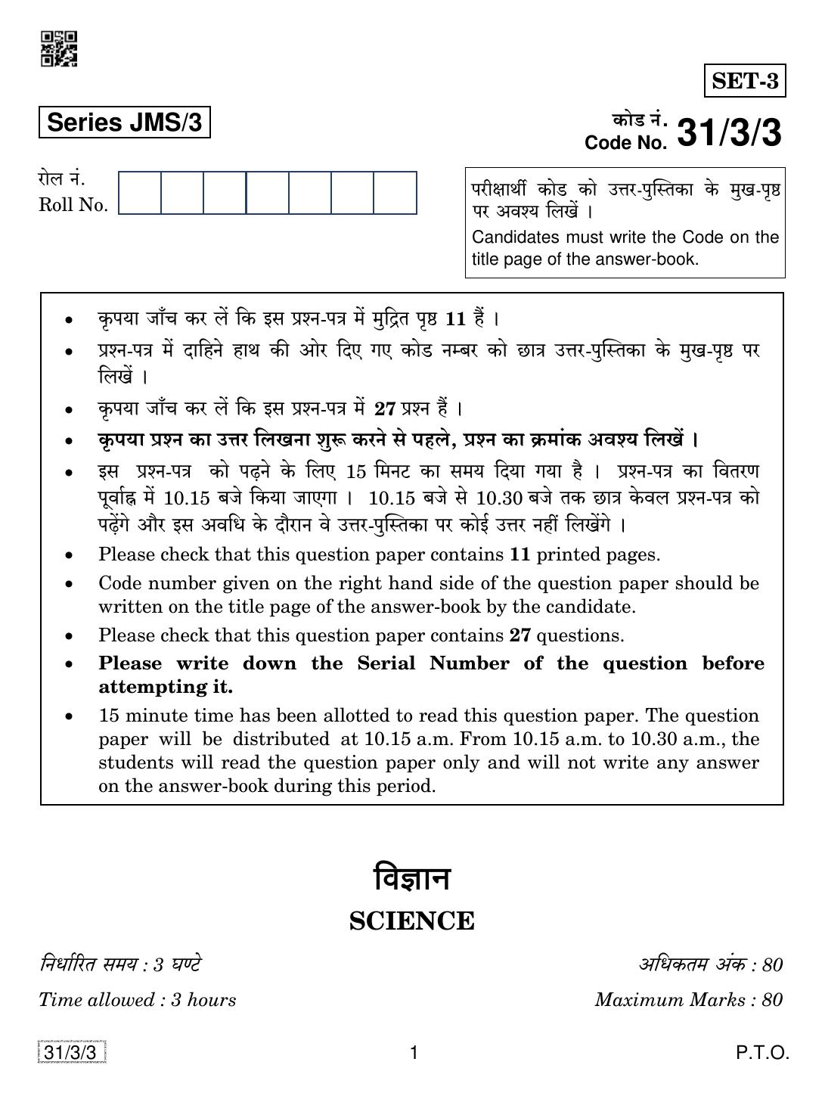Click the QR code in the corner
pyautogui.click(x=59, y=48)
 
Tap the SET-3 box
pyautogui.click(x=745, y=81)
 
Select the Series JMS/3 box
pyautogui.click(x=124, y=123)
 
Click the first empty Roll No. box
pyautogui.click(x=140, y=193)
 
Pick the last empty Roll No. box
pyautogui.click(x=395, y=193)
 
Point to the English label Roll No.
pyautogui.click(x=73, y=205)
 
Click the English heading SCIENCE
pyautogui.click(x=412, y=921)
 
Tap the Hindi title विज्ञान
pyautogui.click(x=412, y=880)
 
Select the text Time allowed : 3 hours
pyautogui.click(x=137, y=1000)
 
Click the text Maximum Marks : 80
pyautogui.click(x=688, y=1000)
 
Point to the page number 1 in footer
pyautogui.click(x=413, y=1052)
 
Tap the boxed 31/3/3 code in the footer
pyautogui.click(x=70, y=1052)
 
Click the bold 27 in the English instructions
pyautogui.click(x=520, y=635)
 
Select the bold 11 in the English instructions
pyautogui.click(x=520, y=554)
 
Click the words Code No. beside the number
pyautogui.click(x=626, y=143)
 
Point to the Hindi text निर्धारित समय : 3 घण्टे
pyautogui.click(x=120, y=964)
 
